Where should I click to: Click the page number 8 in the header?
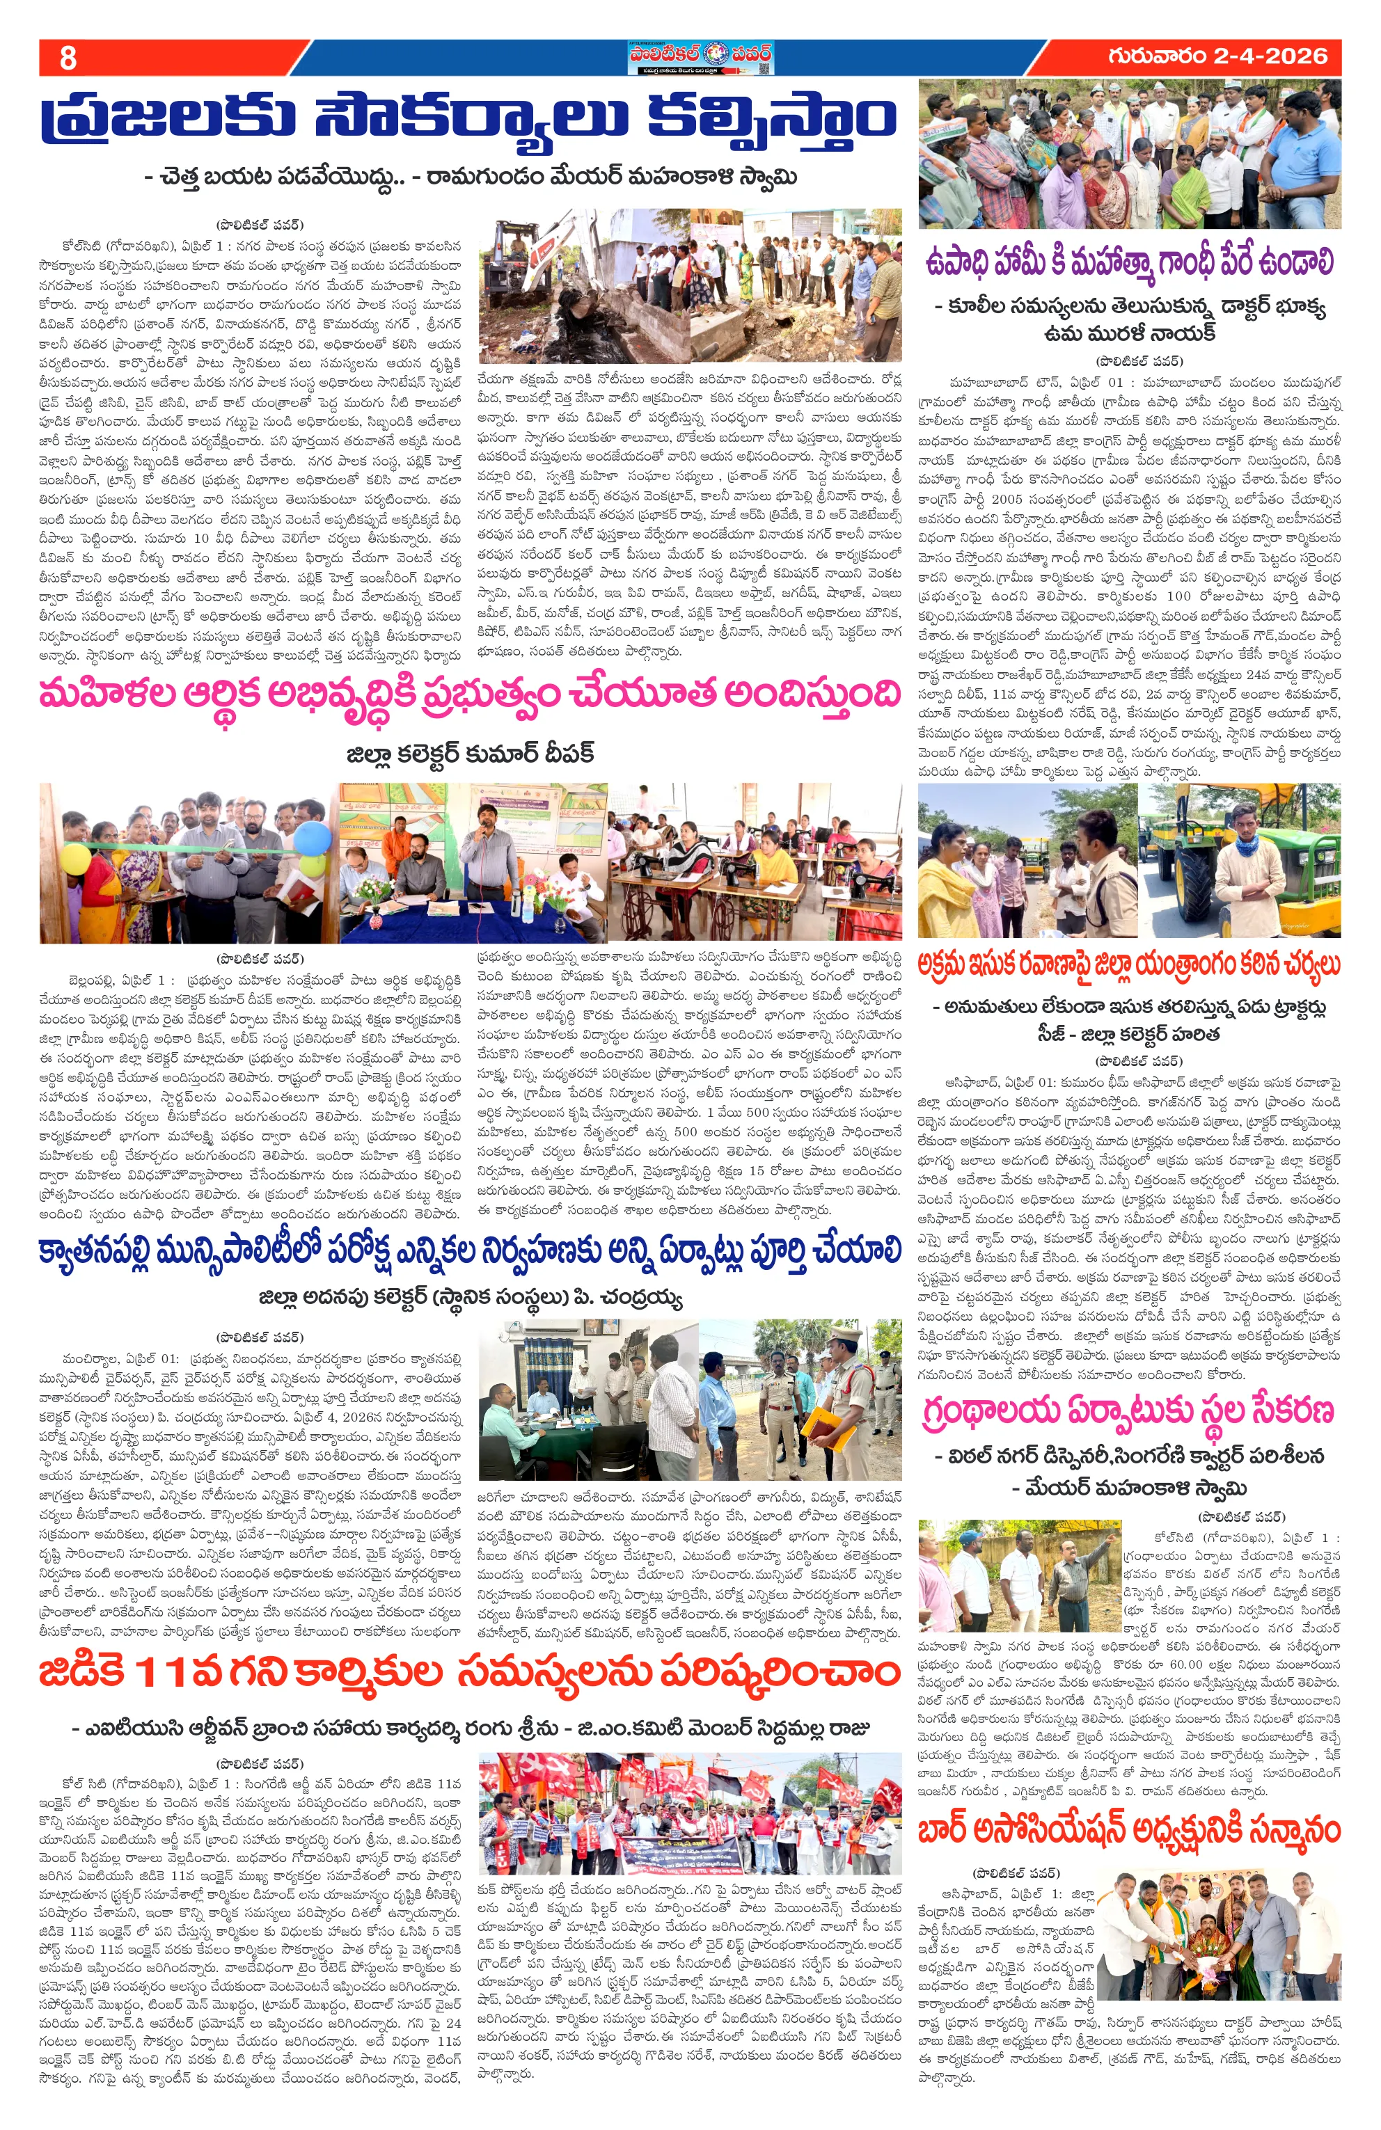click(67, 58)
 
